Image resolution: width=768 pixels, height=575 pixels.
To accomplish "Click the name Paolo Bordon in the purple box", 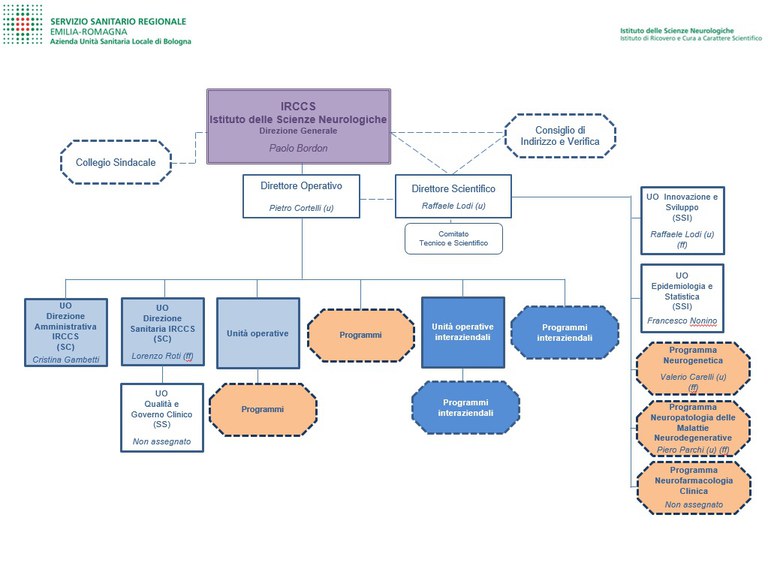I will (x=298, y=148).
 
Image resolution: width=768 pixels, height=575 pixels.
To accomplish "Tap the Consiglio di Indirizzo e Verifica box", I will (x=559, y=136).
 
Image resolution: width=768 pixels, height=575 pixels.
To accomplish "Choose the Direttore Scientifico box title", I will (x=453, y=187).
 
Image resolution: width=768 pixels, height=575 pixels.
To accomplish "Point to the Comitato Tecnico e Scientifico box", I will (x=453, y=238).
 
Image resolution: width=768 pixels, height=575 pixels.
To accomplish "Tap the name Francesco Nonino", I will (x=683, y=321).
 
